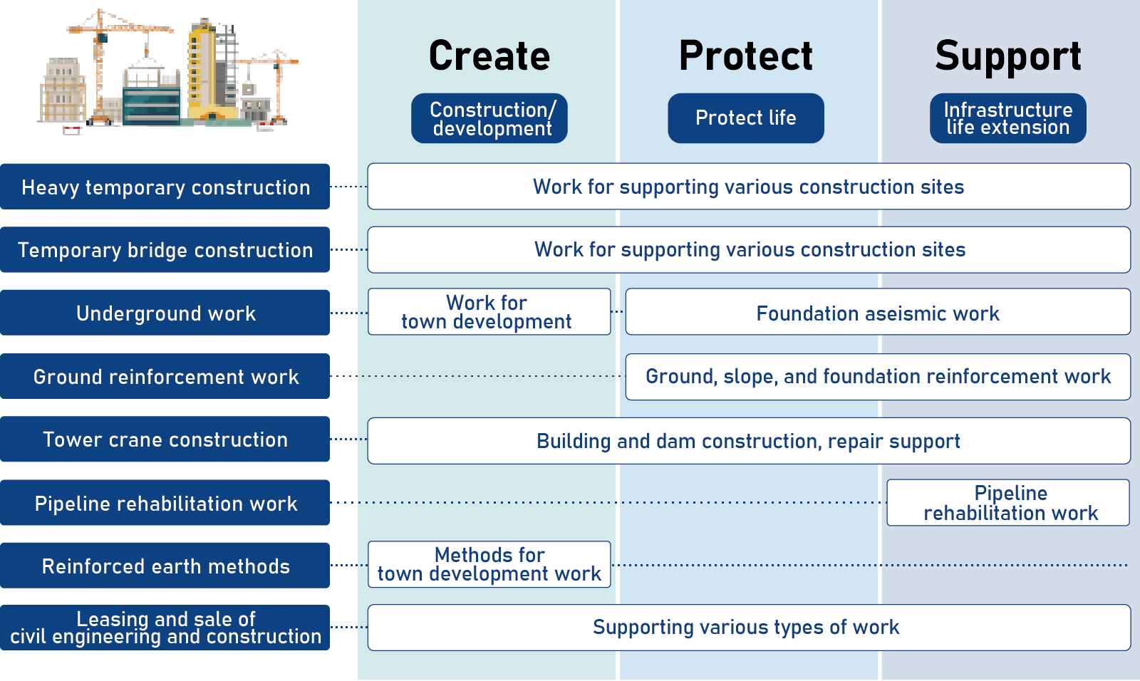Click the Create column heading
[489, 56]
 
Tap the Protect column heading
[745, 56]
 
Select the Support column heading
[1007, 57]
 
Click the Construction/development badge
[489, 118]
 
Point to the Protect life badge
[745, 118]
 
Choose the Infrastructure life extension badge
[1007, 118]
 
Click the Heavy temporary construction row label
[165, 187]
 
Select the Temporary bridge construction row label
[165, 249]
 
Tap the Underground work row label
[165, 313]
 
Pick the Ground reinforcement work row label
[165, 376]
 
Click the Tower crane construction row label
[165, 440]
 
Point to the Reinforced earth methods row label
[165, 566]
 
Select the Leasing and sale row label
[165, 628]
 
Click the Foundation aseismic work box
[878, 312]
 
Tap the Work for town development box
[489, 312]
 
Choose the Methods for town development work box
[489, 564]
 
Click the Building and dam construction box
[749, 441]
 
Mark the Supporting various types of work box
[749, 628]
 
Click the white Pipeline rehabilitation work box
[1010, 502]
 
